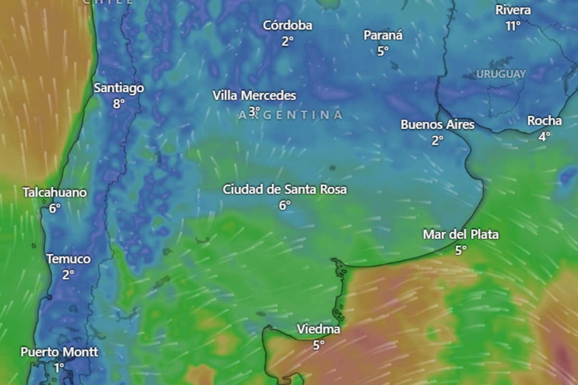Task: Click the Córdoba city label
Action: point(288,26)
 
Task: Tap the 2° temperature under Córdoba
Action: point(288,41)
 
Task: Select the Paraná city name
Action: point(382,35)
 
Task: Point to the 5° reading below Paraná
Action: point(383,51)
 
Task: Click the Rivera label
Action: point(513,10)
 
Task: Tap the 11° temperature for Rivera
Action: point(513,26)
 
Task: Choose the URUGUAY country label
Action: point(501,74)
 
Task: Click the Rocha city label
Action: point(544,121)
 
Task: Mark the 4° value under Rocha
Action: point(544,136)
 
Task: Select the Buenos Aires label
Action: point(437,125)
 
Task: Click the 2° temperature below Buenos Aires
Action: point(437,140)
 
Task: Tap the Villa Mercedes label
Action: point(254,96)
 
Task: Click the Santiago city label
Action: point(118,88)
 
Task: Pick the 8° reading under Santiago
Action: point(118,103)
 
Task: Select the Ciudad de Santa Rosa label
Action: point(284,189)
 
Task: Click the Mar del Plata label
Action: point(460,235)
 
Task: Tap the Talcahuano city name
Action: point(55,193)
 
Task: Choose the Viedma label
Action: point(318,330)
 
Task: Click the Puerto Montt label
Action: point(59,352)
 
